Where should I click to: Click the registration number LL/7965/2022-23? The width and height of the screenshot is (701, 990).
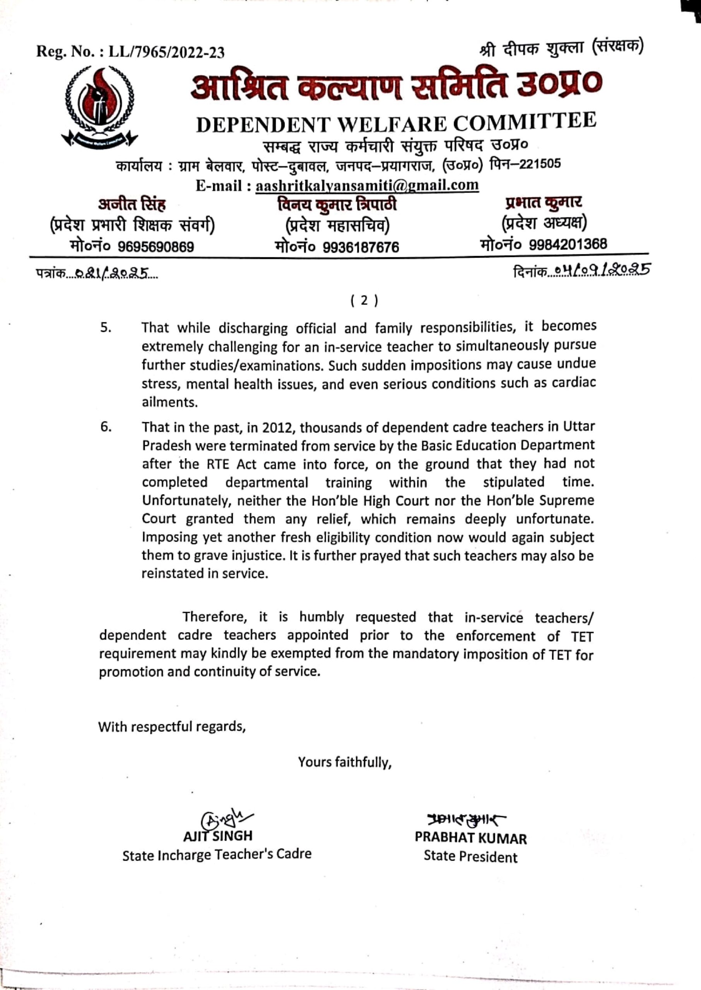tap(166, 53)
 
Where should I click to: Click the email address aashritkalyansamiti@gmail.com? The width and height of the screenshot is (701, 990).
tap(367, 186)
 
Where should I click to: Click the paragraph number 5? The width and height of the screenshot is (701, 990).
tap(106, 328)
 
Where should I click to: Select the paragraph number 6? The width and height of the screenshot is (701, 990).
tap(106, 427)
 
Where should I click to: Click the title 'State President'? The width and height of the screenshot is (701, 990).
tap(470, 856)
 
